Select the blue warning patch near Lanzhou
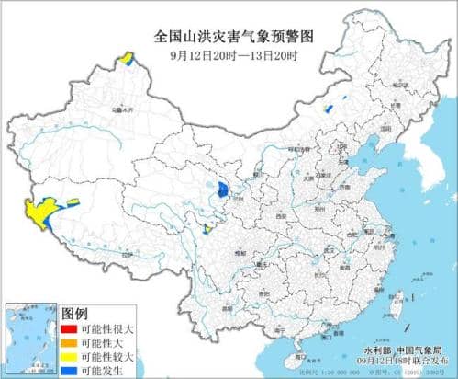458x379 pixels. pos(223,190)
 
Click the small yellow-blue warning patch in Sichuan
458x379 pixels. pos(208,230)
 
